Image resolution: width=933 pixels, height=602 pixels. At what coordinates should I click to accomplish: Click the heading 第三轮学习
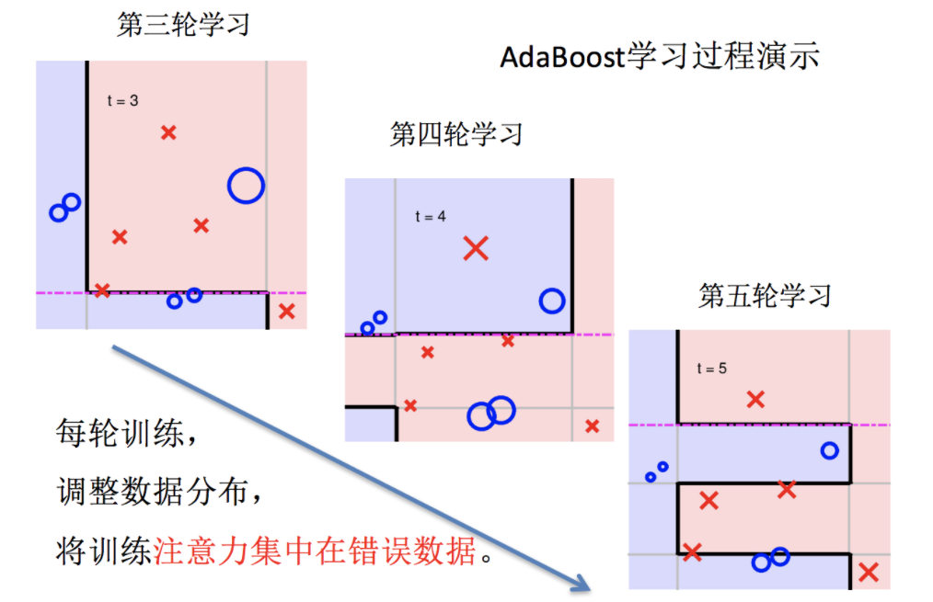(x=183, y=25)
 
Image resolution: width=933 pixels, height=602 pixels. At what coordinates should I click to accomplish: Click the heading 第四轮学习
(x=456, y=135)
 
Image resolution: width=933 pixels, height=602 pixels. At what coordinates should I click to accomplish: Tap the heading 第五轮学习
(x=766, y=296)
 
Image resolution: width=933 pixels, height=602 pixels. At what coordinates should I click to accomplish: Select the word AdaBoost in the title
(x=560, y=57)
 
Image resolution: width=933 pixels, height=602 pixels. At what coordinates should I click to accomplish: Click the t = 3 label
(x=122, y=100)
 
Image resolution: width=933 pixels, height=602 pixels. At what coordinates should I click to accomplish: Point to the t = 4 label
(x=431, y=217)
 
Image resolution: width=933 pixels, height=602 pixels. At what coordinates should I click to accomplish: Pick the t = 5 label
(x=711, y=369)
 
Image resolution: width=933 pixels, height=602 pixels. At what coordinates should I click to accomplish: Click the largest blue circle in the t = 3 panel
(x=246, y=186)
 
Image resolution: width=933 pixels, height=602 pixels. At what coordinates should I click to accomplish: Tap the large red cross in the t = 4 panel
(x=476, y=247)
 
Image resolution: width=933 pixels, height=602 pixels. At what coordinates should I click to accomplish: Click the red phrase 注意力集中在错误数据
(x=317, y=551)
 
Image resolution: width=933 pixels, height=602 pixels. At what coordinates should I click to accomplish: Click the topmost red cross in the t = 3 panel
(x=168, y=132)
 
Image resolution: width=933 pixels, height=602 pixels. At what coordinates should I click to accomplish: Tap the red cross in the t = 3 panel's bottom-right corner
(x=286, y=311)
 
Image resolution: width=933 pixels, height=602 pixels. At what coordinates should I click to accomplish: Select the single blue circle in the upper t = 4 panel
(x=551, y=301)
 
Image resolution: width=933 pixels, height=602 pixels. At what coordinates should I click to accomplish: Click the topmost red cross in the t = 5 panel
(x=755, y=399)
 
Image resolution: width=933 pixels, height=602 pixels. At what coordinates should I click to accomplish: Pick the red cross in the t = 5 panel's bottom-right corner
(x=868, y=573)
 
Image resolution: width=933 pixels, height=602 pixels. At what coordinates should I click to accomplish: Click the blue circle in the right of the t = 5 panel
(x=829, y=450)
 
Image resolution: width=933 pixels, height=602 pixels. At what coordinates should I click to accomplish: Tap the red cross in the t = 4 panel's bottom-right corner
(x=593, y=426)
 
